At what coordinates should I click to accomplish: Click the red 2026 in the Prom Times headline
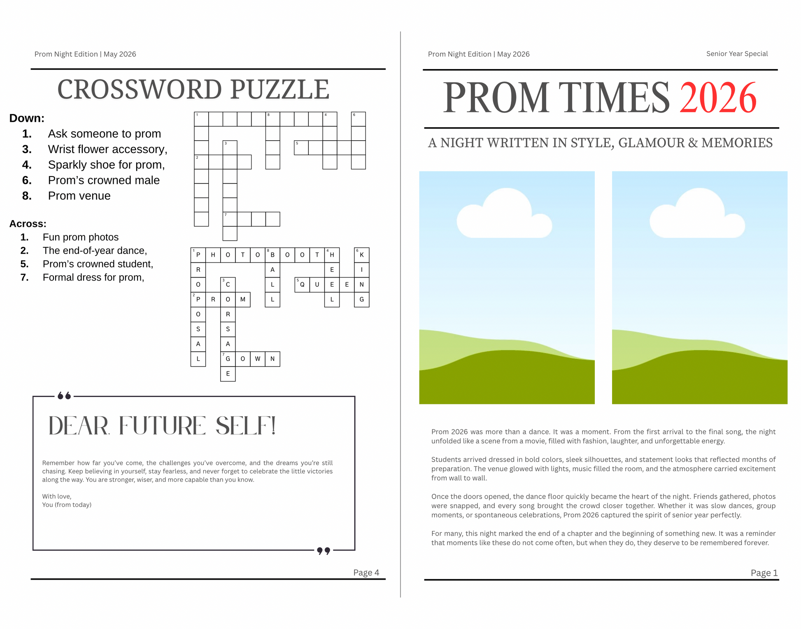click(x=717, y=98)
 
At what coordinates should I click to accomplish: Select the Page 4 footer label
click(x=366, y=572)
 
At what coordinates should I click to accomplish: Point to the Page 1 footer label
click(x=764, y=573)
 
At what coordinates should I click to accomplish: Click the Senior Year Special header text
click(x=737, y=53)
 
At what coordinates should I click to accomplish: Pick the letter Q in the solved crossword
click(x=302, y=285)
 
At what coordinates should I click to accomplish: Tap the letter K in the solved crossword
click(x=362, y=255)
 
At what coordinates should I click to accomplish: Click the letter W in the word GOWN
click(x=258, y=359)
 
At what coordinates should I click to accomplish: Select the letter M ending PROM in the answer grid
click(x=243, y=299)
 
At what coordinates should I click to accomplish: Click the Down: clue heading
click(x=27, y=118)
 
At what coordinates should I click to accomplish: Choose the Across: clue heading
click(x=28, y=224)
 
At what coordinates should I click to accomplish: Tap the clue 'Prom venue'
click(x=79, y=196)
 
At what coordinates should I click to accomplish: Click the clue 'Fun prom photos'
click(x=81, y=237)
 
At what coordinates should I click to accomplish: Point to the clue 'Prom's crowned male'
click(x=104, y=180)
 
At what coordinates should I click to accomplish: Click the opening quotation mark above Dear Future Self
click(x=64, y=396)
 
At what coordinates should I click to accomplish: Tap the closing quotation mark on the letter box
click(x=324, y=550)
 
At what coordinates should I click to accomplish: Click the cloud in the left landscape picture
click(x=505, y=216)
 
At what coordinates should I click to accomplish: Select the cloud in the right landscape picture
click(x=697, y=216)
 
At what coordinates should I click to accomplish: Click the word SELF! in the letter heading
click(x=245, y=426)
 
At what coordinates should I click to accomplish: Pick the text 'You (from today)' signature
click(x=67, y=505)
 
